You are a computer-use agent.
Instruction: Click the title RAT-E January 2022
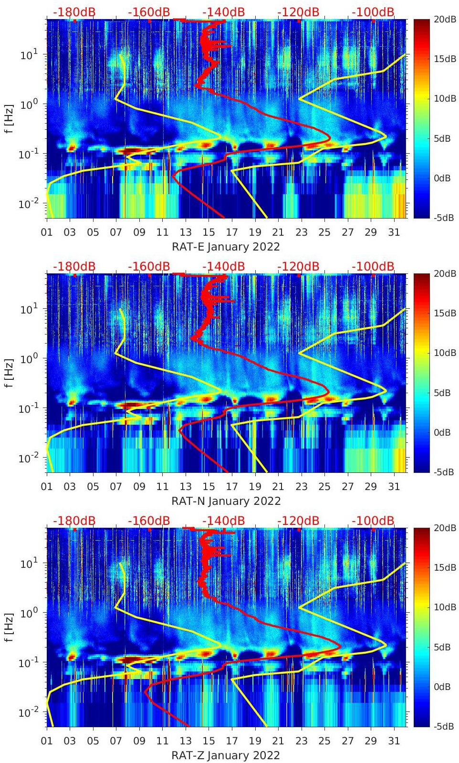(x=226, y=247)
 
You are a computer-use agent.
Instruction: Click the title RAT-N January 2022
(x=226, y=501)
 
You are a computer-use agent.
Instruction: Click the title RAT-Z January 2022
(x=226, y=755)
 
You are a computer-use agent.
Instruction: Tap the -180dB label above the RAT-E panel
(x=74, y=12)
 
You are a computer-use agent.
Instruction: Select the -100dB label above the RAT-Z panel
(x=373, y=521)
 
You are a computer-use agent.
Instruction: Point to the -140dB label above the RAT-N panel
(x=223, y=266)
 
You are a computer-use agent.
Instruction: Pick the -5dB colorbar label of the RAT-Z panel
(x=442, y=726)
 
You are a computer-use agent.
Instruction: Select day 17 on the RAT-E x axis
(x=232, y=232)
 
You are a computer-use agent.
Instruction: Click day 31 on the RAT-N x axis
(x=394, y=487)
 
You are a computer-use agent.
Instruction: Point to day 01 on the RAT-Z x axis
(x=47, y=741)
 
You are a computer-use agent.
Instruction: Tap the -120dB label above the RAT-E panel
(x=298, y=12)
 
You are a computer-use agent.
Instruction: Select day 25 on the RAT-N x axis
(x=324, y=487)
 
